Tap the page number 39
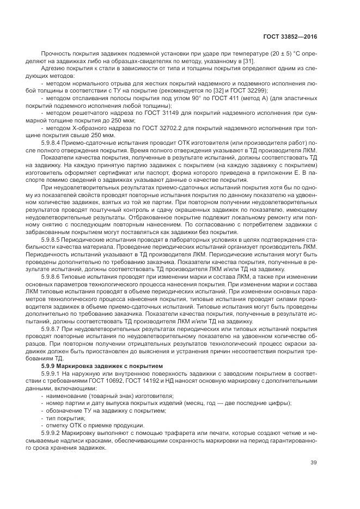313,463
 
